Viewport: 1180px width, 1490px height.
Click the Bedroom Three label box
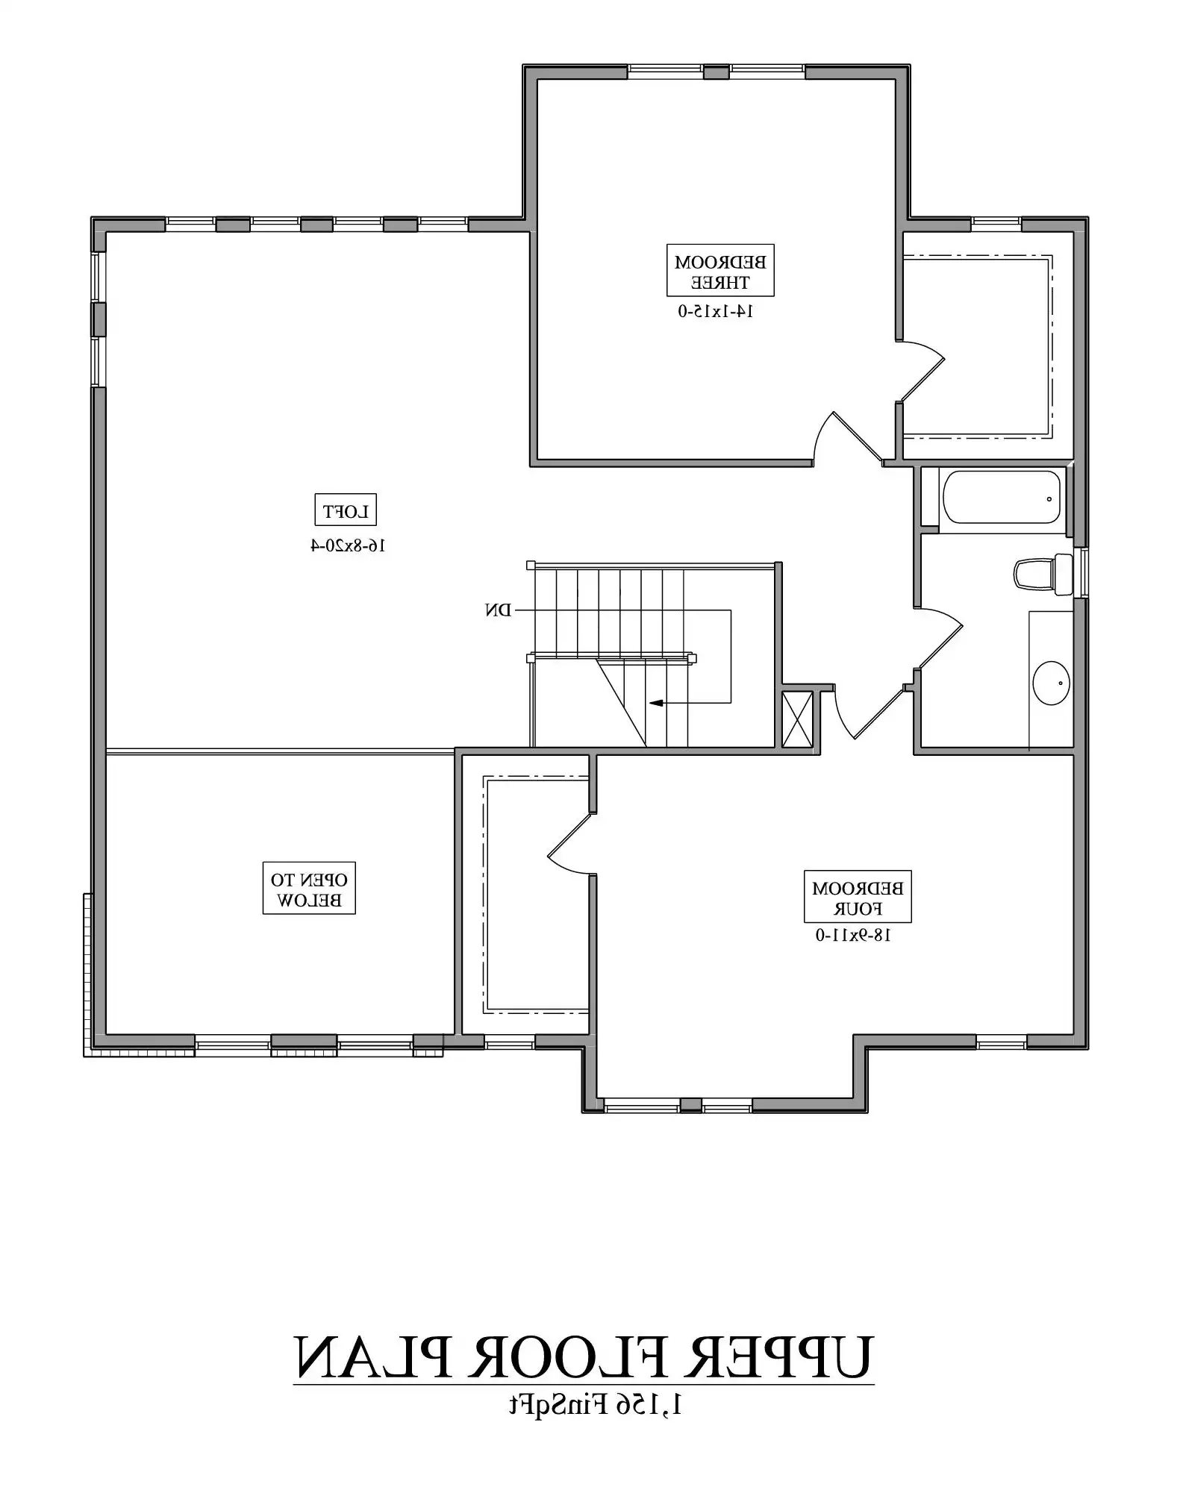[x=719, y=270]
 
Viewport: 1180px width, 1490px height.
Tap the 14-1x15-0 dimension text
[x=715, y=311]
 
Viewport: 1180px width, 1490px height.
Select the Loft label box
[x=345, y=511]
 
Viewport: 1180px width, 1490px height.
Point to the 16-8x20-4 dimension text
[x=348, y=545]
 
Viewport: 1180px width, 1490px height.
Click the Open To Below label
[x=309, y=889]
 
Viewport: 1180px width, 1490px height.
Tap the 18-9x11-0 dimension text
[x=853, y=935]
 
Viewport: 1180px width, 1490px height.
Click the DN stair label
[x=498, y=610]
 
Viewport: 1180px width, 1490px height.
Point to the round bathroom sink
[x=1051, y=683]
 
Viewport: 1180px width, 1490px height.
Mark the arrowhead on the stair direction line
[x=656, y=702]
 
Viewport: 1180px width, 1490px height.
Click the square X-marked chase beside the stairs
[x=796, y=719]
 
